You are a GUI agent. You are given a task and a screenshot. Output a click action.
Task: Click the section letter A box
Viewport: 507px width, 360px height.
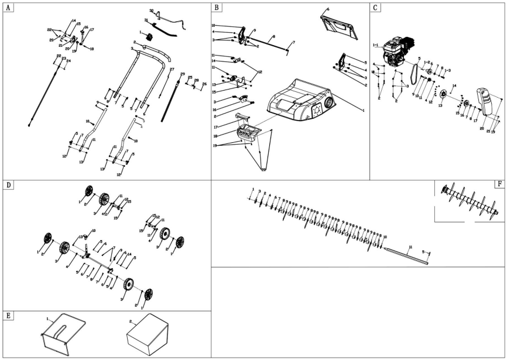click(8, 8)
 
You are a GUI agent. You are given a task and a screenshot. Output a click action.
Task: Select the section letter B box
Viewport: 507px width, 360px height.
click(217, 8)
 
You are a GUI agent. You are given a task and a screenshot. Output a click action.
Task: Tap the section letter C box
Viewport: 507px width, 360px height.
click(375, 8)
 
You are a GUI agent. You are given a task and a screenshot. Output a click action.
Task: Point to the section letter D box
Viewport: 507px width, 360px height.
click(8, 185)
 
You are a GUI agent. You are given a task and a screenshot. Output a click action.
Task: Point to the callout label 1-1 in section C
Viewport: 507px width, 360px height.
click(375, 43)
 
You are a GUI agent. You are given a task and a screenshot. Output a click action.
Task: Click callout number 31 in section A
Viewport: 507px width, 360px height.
click(146, 20)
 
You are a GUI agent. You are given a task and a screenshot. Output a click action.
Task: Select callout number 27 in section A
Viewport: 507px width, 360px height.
click(172, 70)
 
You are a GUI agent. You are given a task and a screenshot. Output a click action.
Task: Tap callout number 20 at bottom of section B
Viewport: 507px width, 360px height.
click(263, 169)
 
